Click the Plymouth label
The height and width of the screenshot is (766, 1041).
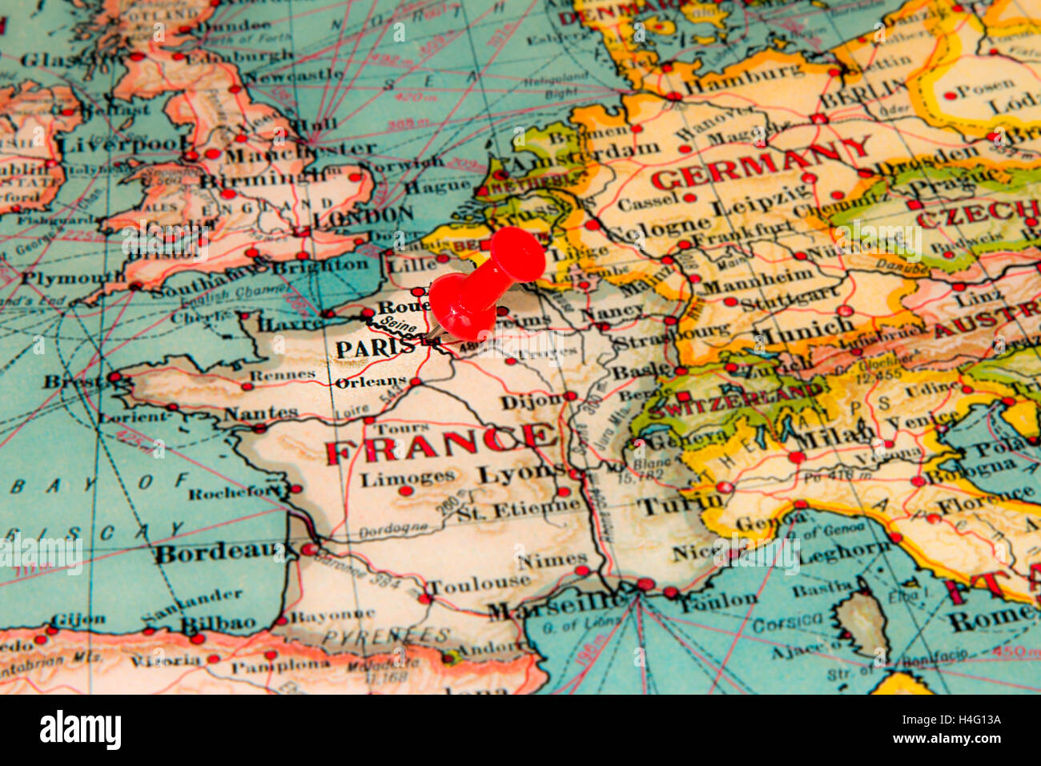[x=73, y=278]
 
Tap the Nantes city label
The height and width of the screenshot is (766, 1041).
[x=260, y=413]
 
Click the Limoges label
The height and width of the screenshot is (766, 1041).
[x=408, y=478]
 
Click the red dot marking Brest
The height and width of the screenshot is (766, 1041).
[x=115, y=377]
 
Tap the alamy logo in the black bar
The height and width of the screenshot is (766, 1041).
[x=80, y=730]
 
